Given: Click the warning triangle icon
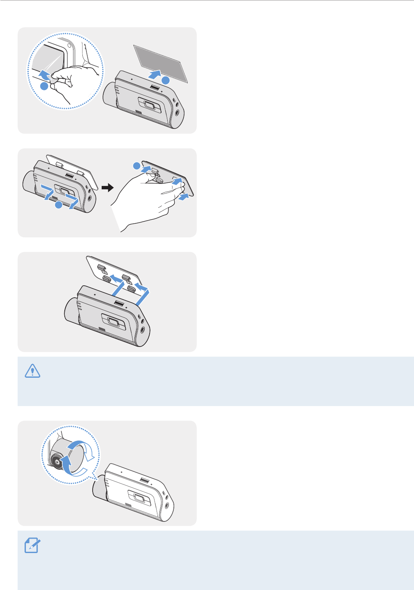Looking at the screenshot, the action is point(33,371).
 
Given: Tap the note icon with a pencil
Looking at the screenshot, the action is point(33,545).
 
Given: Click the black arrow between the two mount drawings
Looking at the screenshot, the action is point(107,187).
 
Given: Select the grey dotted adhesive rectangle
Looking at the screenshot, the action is point(161,63).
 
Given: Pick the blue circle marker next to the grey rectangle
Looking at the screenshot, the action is point(165,80).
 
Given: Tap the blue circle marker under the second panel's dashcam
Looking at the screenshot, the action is point(59,204).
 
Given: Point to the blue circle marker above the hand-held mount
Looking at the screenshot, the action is point(137,165).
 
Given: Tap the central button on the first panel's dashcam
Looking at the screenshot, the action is point(148,105).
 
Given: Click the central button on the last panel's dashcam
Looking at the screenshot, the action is point(140,499).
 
